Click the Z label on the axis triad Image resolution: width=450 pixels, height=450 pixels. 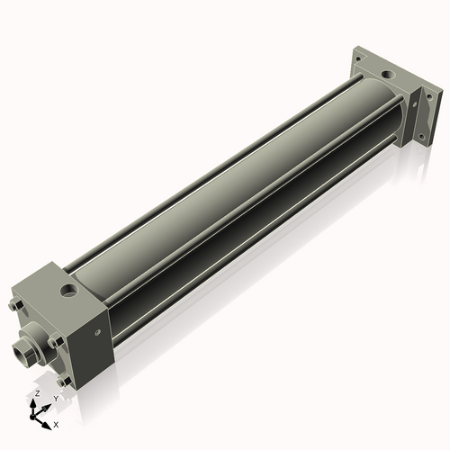point(36,393)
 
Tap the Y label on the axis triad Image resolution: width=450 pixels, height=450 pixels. point(56,398)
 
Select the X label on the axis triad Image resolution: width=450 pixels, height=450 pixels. point(56,423)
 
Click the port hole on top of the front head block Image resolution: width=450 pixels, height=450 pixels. point(67,290)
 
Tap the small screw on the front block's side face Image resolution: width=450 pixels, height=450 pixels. point(96,332)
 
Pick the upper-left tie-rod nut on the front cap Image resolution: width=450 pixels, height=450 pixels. point(15,306)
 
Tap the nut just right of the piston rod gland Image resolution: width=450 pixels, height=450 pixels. point(56,341)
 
